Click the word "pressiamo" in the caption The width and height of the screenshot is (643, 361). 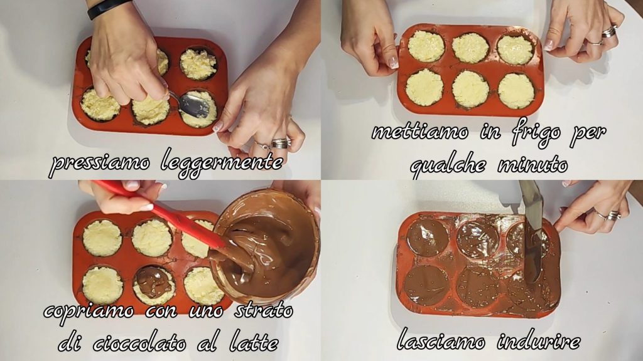[x=100, y=164]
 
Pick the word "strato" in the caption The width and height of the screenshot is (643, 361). [x=263, y=310]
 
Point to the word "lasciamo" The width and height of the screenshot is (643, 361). [x=441, y=340]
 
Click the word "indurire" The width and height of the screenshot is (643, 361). [x=539, y=340]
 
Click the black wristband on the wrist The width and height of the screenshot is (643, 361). [x=109, y=8]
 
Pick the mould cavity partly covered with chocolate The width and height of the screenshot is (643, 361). [x=154, y=285]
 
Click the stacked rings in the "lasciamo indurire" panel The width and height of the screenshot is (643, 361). [x=613, y=216]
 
